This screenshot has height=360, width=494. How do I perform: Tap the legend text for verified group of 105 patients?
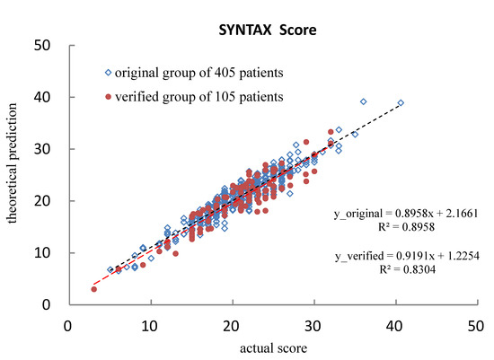[x=187, y=96]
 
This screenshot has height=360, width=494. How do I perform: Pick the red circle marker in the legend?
[x=109, y=96]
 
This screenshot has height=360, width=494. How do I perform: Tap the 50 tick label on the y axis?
[x=41, y=45]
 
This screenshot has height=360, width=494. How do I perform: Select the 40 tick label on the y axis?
[x=41, y=97]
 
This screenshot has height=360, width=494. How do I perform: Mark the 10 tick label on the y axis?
[x=41, y=253]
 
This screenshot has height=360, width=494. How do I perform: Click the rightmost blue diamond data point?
[x=401, y=103]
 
